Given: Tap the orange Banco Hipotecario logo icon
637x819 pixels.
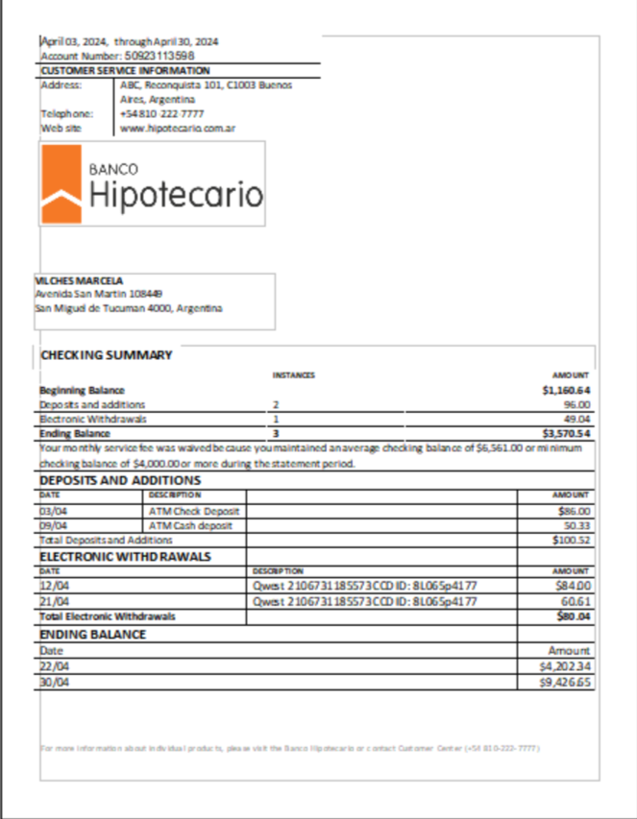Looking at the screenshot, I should click(x=60, y=183).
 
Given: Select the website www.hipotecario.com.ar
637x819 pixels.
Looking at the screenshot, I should click(x=179, y=128).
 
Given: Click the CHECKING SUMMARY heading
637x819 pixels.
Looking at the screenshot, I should click(x=107, y=355).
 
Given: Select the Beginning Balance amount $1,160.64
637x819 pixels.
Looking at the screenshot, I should click(x=566, y=391).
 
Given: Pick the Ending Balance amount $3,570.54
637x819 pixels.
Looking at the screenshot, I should click(x=566, y=433).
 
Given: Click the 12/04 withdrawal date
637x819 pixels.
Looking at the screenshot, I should click(x=52, y=585).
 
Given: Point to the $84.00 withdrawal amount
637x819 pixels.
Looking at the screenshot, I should click(x=574, y=585).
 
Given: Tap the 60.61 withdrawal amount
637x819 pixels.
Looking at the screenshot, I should click(x=576, y=600).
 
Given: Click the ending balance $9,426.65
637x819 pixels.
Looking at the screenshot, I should click(x=566, y=683).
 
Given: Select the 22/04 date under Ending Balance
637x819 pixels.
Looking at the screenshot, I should click(x=52, y=666).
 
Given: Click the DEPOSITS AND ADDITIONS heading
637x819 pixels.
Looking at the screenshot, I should click(x=120, y=480).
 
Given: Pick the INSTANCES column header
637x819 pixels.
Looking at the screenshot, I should click(x=294, y=375).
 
